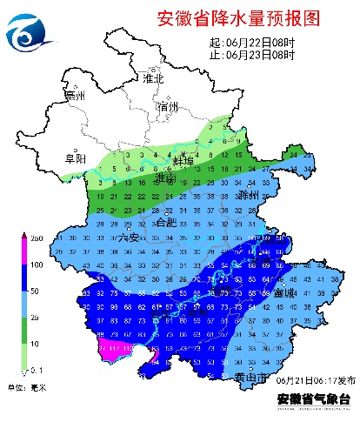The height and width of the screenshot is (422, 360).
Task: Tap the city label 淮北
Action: pyautogui.click(x=154, y=77)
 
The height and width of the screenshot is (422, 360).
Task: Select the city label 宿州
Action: pyautogui.click(x=168, y=106)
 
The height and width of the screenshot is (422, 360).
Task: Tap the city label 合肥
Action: pyautogui.click(x=164, y=223)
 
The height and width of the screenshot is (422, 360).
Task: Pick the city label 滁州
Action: pyautogui.click(x=250, y=194)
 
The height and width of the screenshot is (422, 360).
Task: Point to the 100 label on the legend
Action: pyautogui.click(x=13, y=264)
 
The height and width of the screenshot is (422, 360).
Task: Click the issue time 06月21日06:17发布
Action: pyautogui.click(x=314, y=381)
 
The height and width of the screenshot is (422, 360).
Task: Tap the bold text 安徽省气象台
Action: pyautogui.click(x=314, y=399)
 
